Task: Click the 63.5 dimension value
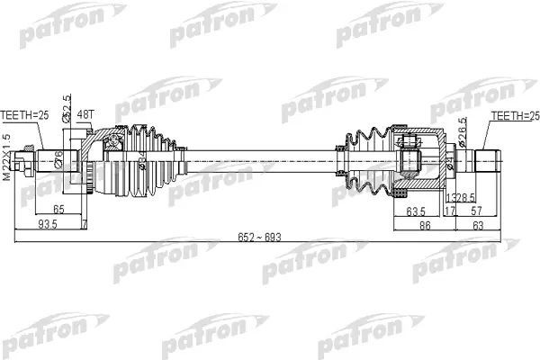click(x=416, y=211)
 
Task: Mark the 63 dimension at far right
click(x=502, y=227)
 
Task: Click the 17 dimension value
click(x=450, y=211)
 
